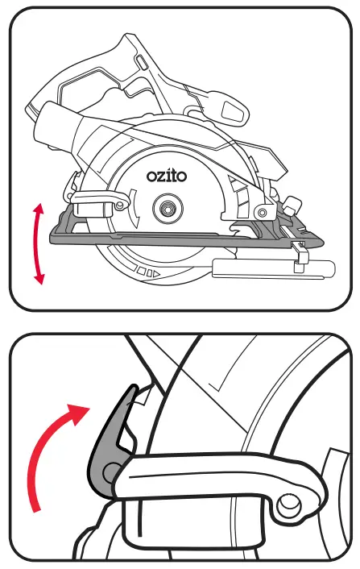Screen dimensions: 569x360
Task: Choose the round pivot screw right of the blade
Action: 260,211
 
